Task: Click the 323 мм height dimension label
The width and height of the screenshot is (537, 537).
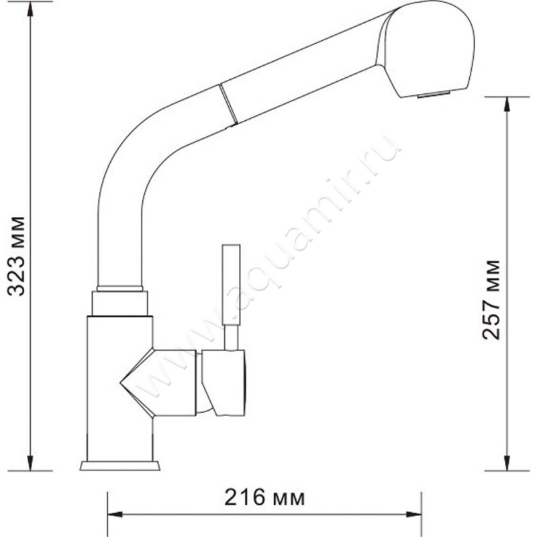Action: tap(16, 256)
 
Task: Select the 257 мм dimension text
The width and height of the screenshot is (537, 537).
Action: tap(492, 298)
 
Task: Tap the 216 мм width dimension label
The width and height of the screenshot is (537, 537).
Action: tap(264, 497)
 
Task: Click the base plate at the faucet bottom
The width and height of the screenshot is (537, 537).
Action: tap(120, 465)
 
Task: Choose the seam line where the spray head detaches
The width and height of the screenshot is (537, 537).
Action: tap(229, 105)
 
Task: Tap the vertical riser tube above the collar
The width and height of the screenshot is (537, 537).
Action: tap(120, 242)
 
